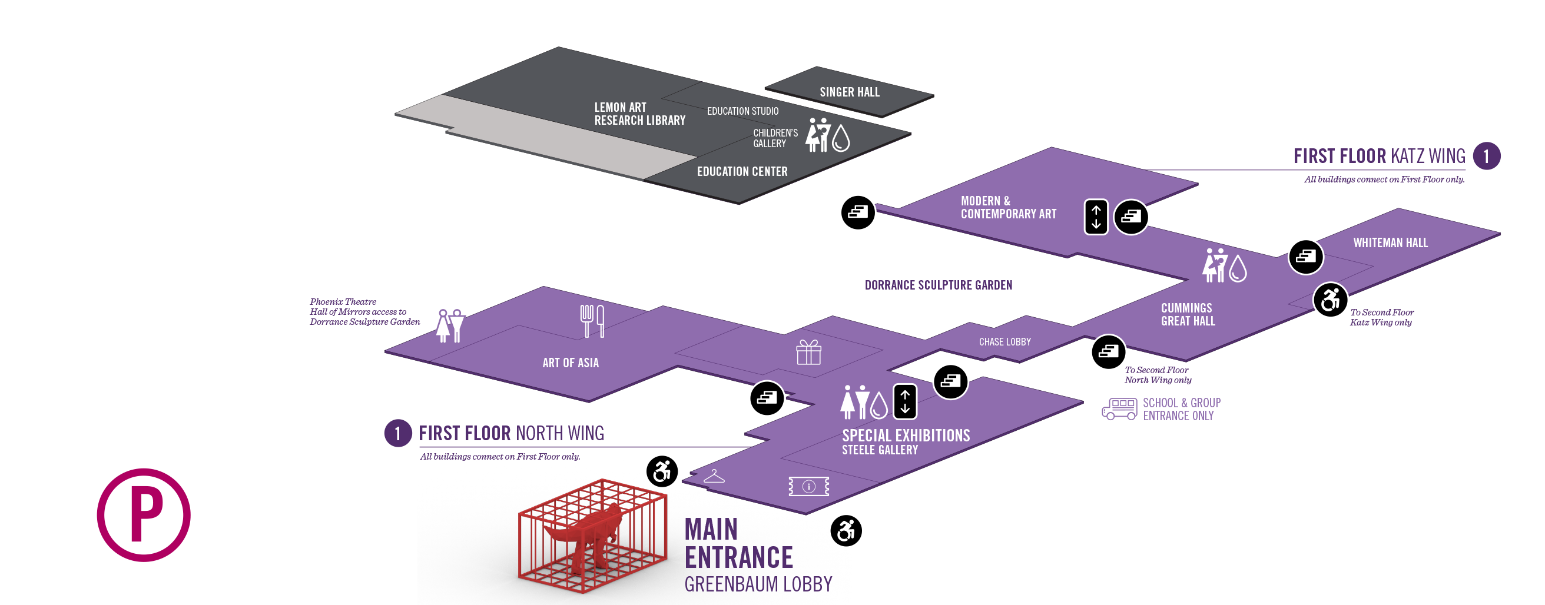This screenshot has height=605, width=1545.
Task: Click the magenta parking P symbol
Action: coord(144,514)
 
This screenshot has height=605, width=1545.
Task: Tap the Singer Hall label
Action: coord(849,92)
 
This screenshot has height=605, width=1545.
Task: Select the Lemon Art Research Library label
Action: coord(639,114)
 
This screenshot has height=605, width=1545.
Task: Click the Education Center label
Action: coord(742,171)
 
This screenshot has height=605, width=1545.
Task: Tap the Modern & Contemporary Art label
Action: coord(1008,208)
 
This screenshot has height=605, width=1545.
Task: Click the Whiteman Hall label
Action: coord(1390,243)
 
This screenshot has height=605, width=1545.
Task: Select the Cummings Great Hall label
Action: coord(1188,314)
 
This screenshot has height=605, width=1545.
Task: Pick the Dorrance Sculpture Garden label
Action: coord(938,285)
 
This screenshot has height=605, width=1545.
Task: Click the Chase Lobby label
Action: coord(1004,342)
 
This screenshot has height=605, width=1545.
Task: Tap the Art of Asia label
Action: coord(571,363)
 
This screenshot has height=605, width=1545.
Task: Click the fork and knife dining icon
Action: coord(592,321)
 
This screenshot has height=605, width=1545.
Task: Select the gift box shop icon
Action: coord(808,353)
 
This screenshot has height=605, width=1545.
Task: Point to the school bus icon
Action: coord(1119,409)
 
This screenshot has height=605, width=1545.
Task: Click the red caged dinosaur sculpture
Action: coord(592,535)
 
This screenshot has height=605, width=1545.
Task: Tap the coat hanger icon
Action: coord(714,477)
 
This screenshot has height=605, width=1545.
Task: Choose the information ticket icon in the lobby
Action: coord(808,486)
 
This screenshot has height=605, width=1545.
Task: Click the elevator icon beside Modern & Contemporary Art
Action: coord(1096,217)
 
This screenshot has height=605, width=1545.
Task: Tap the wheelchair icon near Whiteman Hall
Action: coord(1330,300)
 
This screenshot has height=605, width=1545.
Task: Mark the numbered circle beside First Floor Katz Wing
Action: coord(1486,157)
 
